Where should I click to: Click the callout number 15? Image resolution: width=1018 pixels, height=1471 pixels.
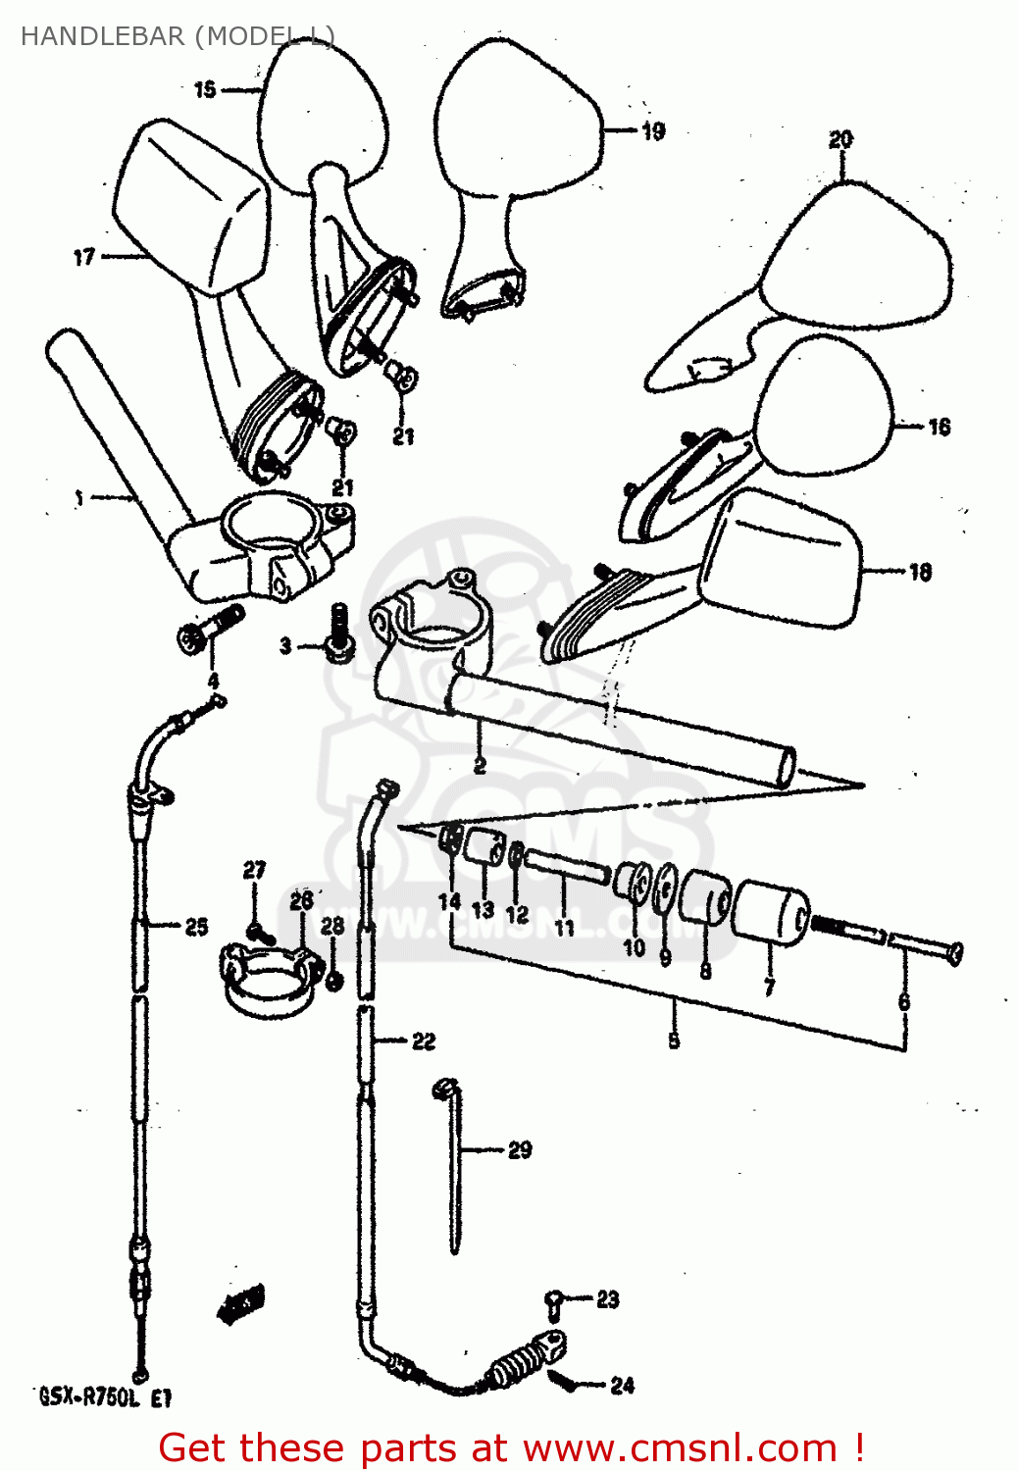click(204, 90)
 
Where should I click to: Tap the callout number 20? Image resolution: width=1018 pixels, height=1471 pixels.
click(840, 140)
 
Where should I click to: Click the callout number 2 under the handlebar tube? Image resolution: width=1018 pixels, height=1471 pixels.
click(480, 765)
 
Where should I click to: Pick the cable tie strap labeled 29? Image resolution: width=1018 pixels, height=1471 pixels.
click(454, 1167)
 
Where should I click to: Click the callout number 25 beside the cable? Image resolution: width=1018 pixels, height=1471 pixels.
click(196, 926)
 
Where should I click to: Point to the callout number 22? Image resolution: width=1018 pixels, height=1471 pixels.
click(423, 1041)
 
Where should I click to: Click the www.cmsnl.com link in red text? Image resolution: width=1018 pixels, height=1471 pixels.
click(680, 1448)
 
